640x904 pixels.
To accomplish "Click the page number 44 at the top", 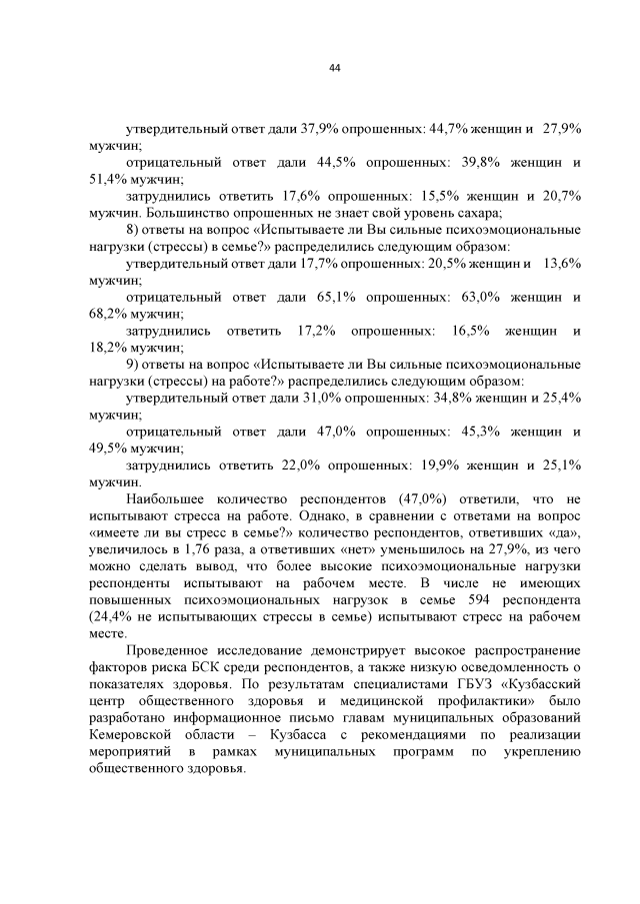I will point(335,68).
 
